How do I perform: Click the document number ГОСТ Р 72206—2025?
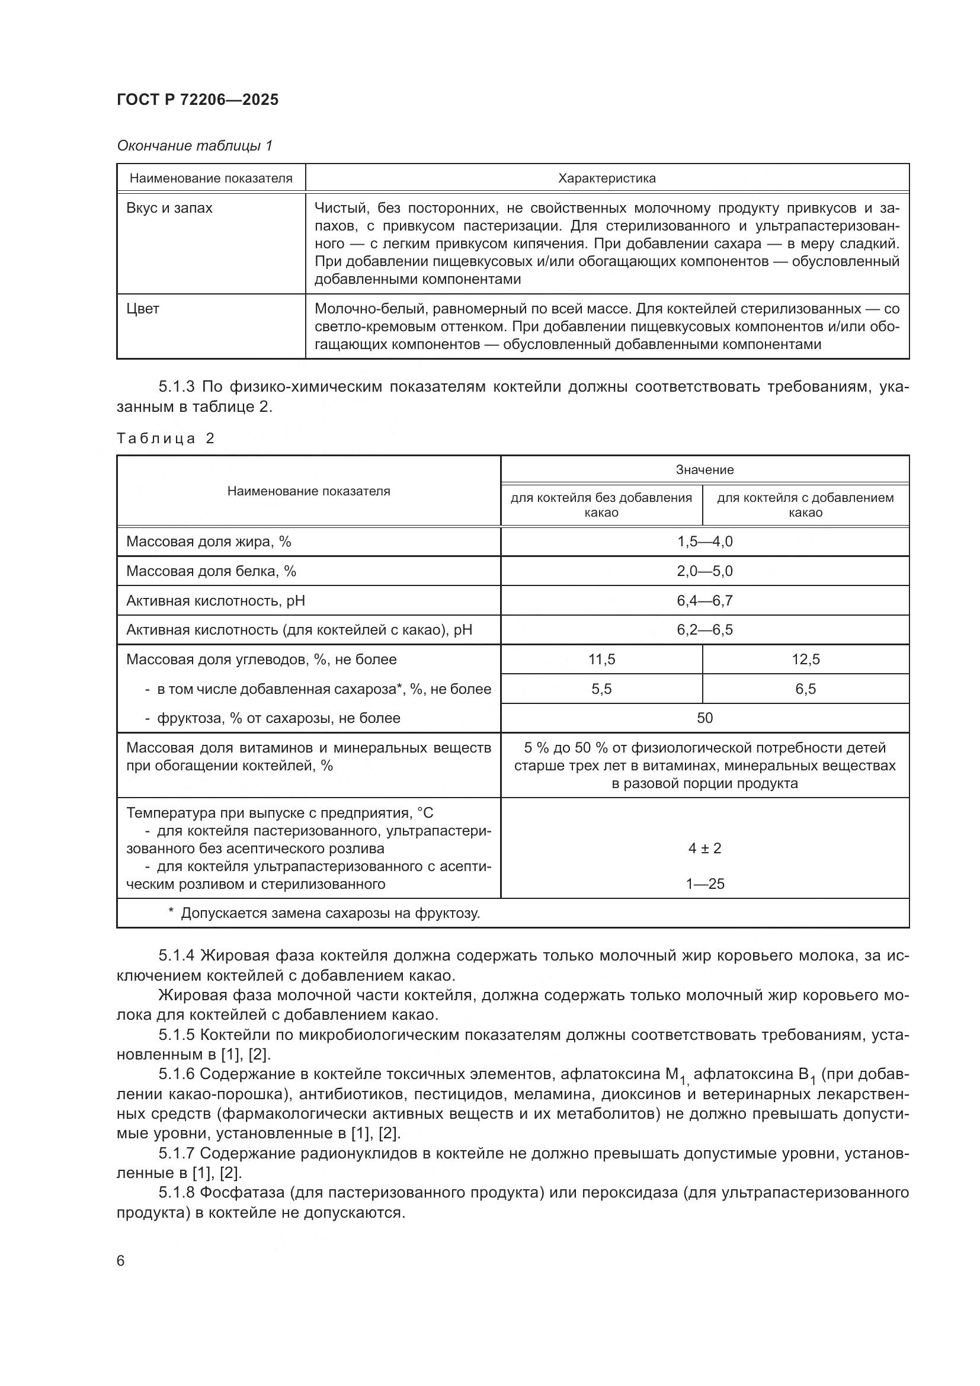tap(197, 100)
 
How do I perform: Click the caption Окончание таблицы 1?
tap(194, 146)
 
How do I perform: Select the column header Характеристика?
tap(607, 178)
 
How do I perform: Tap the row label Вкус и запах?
tap(169, 208)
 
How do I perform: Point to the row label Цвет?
tap(142, 309)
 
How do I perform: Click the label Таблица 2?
tap(165, 438)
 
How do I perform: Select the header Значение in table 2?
tap(704, 470)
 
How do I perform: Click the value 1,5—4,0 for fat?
tap(704, 542)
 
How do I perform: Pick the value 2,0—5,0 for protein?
tap(704, 571)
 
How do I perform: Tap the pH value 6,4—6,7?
tap(704, 601)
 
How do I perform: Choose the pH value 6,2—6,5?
tap(704, 630)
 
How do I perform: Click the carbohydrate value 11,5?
tap(601, 659)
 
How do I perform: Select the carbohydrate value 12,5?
tap(805, 659)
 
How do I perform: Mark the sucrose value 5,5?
tap(601, 689)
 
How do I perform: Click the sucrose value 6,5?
tap(805, 689)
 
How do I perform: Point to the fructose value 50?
tap(704, 718)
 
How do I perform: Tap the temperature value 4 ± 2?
tap(704, 849)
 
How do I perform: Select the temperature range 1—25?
tap(704, 884)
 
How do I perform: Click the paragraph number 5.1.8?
tap(176, 1193)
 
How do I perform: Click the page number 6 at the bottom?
tap(121, 1261)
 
